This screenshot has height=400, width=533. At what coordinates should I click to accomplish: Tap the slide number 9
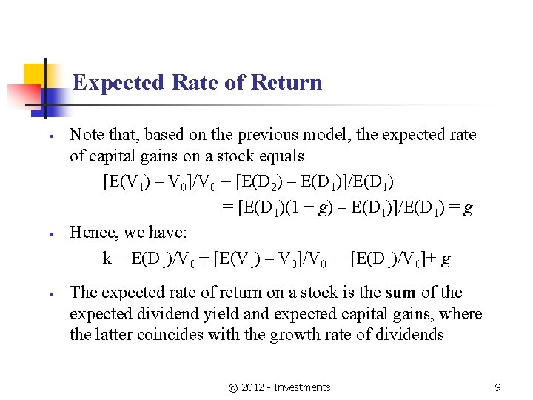[x=497, y=387]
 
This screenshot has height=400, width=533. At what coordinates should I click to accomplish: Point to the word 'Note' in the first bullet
[x=86, y=135]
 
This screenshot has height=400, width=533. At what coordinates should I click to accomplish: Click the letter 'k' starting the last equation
[x=107, y=259]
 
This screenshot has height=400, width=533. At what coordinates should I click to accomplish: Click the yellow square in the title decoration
[x=34, y=74]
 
